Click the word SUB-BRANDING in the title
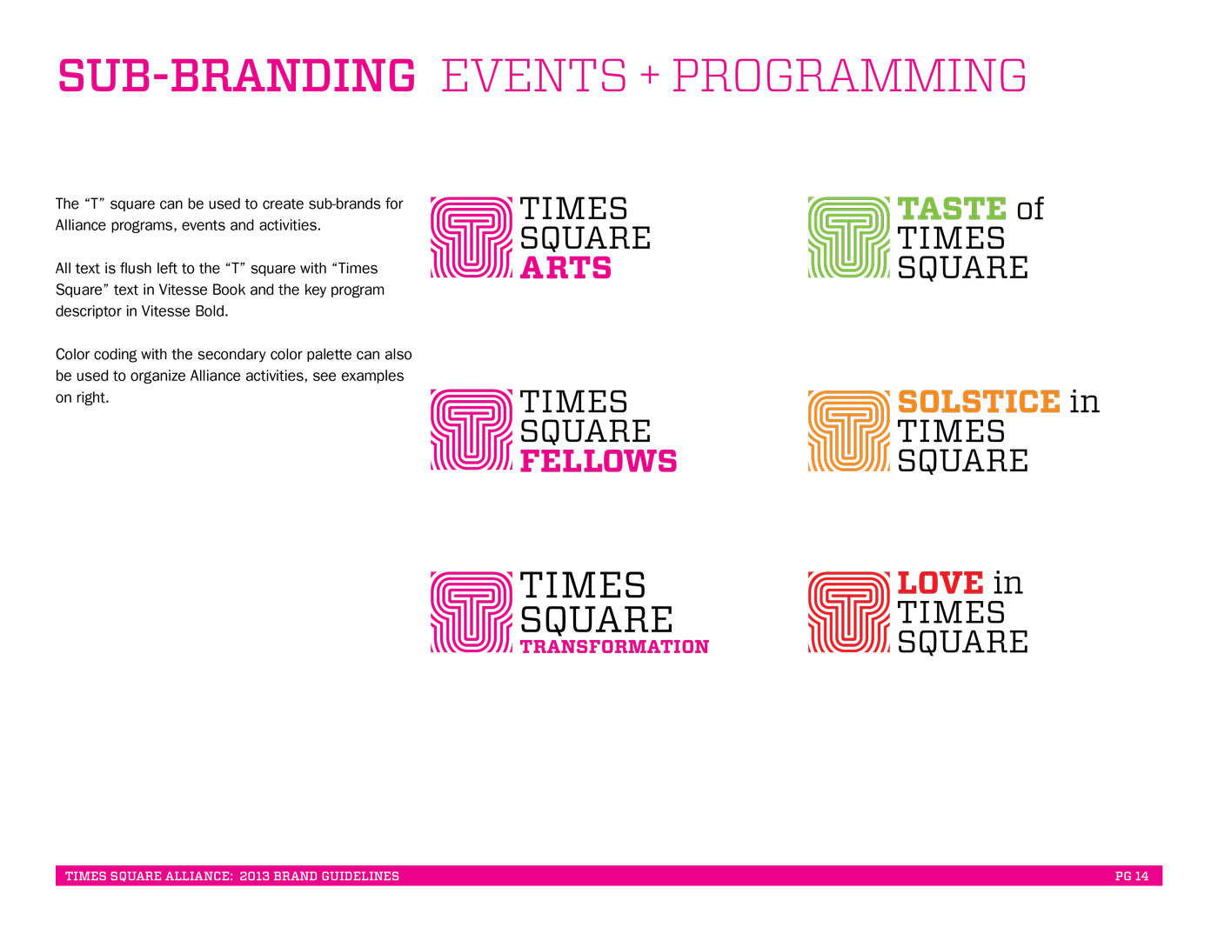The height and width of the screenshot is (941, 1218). point(237,76)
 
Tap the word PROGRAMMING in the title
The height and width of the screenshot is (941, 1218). point(849,76)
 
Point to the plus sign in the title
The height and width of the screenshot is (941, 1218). point(649,76)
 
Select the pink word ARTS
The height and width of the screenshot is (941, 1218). point(565,268)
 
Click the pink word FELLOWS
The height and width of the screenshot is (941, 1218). point(598,461)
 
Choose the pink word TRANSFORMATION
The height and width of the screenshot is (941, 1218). point(614,647)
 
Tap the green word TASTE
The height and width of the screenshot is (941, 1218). point(952,209)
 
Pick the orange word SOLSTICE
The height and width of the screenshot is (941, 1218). point(979,402)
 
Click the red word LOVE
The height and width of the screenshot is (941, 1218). point(940,583)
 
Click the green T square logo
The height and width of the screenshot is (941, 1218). point(848,237)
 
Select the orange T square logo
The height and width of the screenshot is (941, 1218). point(848,430)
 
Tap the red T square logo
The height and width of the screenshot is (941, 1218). point(848,611)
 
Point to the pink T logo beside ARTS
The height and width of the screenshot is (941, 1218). point(471,237)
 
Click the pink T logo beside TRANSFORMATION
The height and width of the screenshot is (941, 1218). point(471,611)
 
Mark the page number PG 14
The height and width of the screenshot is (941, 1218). point(1132,876)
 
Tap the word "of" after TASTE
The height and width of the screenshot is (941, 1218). point(1030,210)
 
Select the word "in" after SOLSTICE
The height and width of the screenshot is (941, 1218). point(1084,402)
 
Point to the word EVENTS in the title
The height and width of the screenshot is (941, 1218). point(534,76)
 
